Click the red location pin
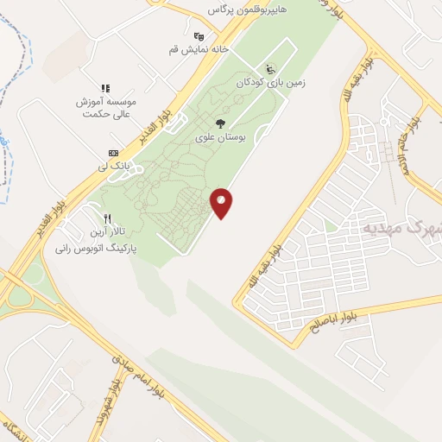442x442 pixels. (223, 203)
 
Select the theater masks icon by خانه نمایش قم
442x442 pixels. (199, 35)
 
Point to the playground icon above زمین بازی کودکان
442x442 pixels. (271, 69)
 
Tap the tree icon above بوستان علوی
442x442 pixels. (221, 123)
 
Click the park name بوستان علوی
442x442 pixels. (221, 137)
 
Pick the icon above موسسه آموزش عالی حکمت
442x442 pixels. (105, 88)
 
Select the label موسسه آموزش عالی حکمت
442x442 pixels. (105, 107)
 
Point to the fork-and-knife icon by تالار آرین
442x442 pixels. (107, 218)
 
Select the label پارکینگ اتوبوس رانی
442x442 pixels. (97, 248)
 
